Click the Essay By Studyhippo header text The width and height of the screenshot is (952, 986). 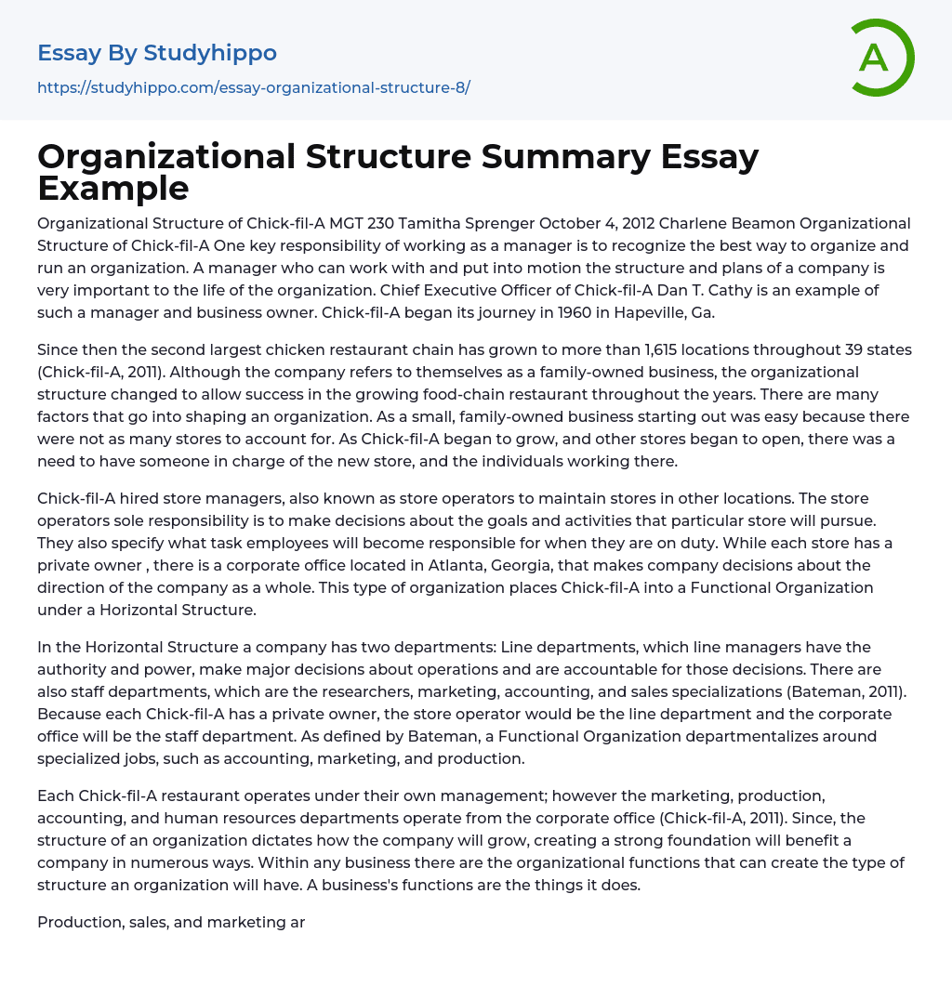tap(157, 53)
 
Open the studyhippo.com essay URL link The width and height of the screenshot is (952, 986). tap(254, 87)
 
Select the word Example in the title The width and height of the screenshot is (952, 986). tap(113, 188)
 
